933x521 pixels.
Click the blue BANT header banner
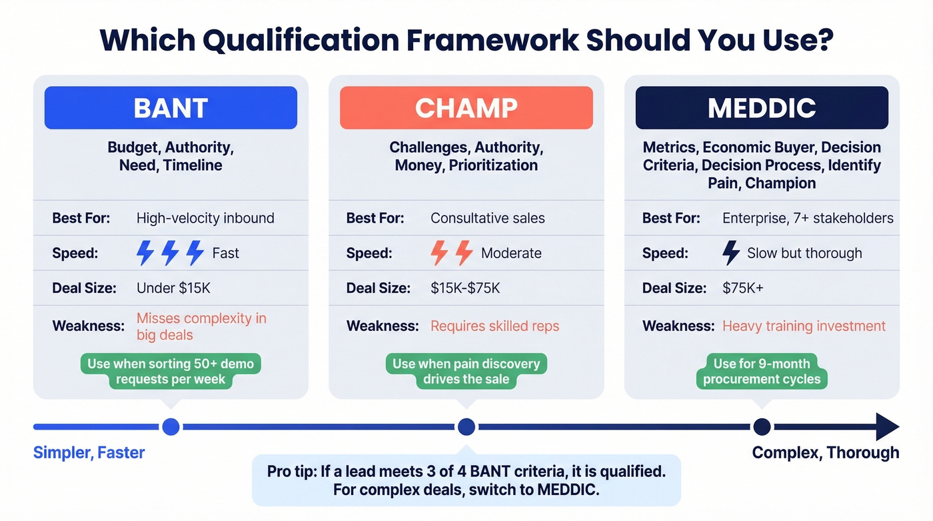tap(171, 107)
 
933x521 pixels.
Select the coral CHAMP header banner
tap(466, 107)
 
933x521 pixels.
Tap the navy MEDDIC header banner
tap(762, 107)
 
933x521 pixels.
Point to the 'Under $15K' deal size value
tap(173, 288)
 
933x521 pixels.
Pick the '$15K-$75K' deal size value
tap(465, 288)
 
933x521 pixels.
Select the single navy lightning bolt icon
tap(731, 253)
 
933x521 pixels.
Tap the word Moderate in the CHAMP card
tap(511, 253)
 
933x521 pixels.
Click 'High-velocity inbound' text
tap(205, 218)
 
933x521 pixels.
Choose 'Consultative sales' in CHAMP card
tap(488, 218)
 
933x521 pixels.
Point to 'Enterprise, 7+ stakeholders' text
tap(808, 218)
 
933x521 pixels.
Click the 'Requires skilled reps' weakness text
tap(494, 326)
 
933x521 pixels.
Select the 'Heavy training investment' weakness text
tap(804, 326)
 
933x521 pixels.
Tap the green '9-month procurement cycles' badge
tap(762, 372)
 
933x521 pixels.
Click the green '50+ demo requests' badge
tap(171, 372)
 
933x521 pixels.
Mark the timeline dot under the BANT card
tap(171, 427)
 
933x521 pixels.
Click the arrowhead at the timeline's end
tap(886, 427)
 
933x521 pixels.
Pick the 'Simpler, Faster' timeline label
tap(89, 453)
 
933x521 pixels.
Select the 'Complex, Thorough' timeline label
tap(825, 453)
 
